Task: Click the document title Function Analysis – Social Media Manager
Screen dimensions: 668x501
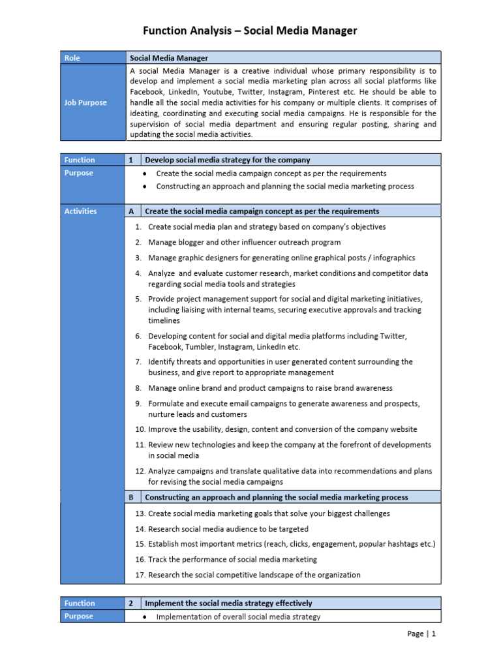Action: coord(250,31)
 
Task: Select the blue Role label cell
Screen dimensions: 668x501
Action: coord(92,58)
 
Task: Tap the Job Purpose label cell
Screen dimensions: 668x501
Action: coord(92,102)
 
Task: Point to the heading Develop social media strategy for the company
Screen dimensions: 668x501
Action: coord(227,160)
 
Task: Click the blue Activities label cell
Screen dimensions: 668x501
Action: coord(92,211)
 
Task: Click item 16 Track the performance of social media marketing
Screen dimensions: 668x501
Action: coord(232,559)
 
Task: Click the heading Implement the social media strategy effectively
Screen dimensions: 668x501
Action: coord(228,603)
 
